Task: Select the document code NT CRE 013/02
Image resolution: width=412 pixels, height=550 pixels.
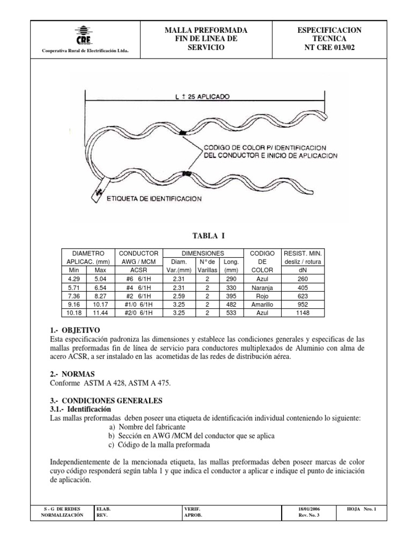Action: point(329,48)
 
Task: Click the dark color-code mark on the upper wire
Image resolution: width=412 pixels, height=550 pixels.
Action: point(183,132)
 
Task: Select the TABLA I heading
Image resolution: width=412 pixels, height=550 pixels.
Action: point(207,235)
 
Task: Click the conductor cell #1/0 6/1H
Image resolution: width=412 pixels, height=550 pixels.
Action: point(138,304)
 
